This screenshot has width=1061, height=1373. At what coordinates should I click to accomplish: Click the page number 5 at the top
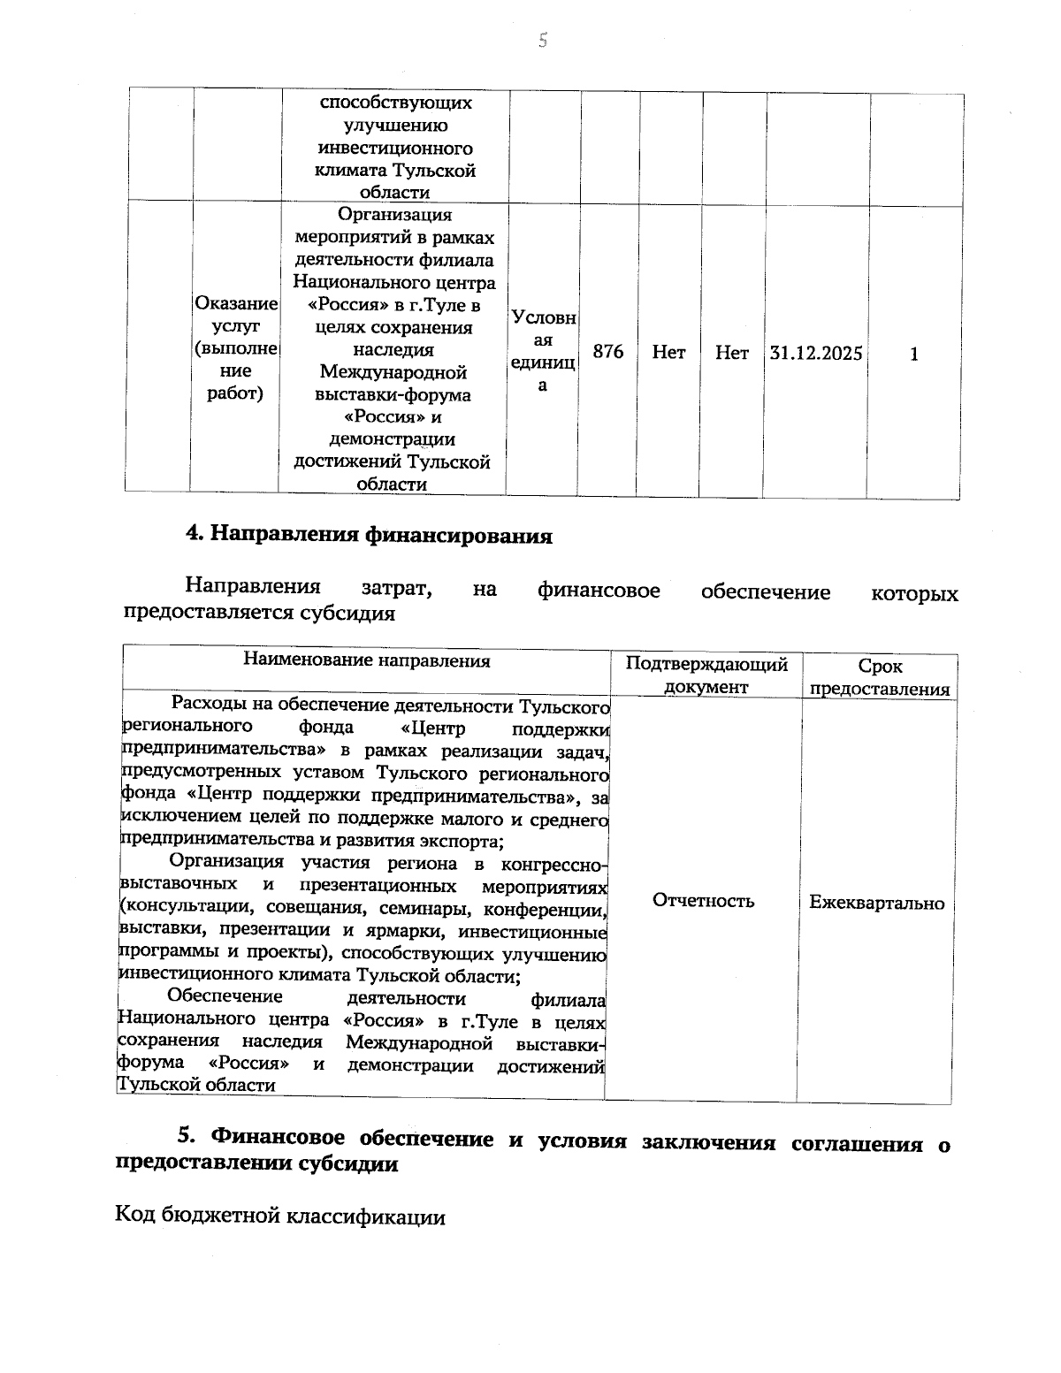(543, 40)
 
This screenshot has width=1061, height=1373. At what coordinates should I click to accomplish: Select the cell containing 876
(607, 352)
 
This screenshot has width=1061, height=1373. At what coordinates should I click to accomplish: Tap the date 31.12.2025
(816, 354)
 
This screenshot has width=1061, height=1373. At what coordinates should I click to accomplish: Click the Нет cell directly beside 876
(668, 353)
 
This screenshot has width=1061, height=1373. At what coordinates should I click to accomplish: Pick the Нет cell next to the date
(731, 354)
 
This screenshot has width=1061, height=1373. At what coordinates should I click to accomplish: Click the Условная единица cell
(543, 352)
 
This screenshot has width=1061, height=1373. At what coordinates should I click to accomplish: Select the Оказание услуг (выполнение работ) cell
(236, 349)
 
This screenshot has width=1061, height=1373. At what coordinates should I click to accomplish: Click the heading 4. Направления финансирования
(369, 536)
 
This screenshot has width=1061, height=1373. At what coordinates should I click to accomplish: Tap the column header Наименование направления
(366, 660)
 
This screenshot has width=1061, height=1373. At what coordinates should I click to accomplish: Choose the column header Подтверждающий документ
(706, 675)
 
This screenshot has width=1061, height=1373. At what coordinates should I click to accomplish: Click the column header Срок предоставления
(879, 678)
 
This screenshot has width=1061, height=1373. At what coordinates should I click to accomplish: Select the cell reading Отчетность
(703, 901)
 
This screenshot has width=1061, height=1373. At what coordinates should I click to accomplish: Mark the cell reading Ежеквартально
(876, 903)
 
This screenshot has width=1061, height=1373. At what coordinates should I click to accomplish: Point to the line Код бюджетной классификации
(280, 1217)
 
